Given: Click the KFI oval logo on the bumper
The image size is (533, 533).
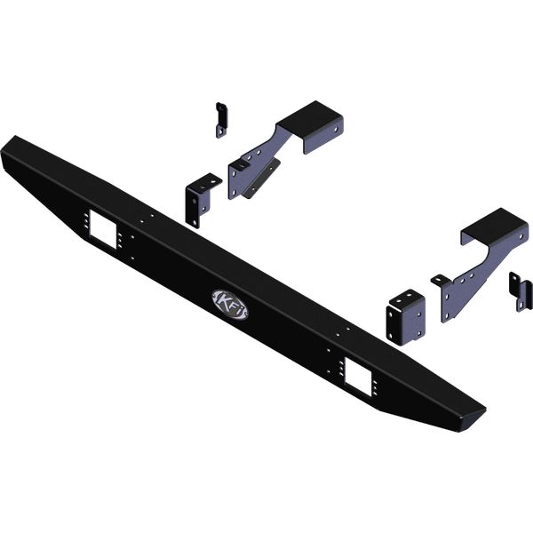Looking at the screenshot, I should click(x=231, y=302).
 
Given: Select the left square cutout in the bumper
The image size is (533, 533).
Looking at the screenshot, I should click(x=104, y=233).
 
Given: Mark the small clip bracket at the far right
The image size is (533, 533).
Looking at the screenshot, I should click(x=521, y=291).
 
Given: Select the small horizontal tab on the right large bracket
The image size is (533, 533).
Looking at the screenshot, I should click(x=440, y=281).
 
